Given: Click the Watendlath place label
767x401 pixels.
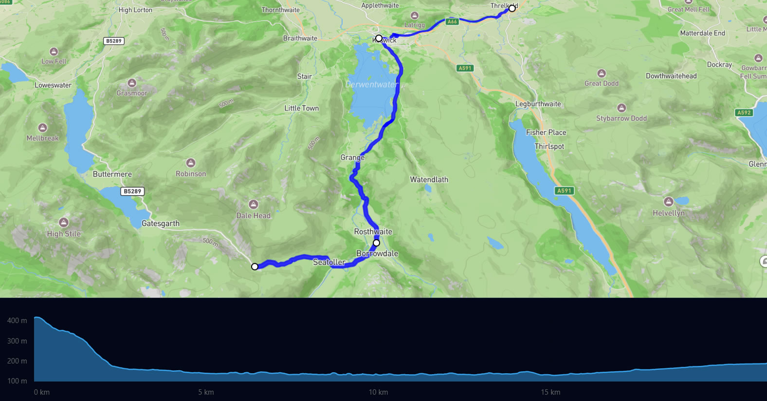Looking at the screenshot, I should click(x=429, y=179).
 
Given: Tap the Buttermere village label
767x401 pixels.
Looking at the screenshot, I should click(x=112, y=174).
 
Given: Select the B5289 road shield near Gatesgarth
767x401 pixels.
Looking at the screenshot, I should click(x=132, y=191).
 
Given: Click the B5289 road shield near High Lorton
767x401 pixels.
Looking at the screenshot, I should click(x=114, y=41).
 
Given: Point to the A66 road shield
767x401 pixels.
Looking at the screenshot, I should click(x=452, y=21).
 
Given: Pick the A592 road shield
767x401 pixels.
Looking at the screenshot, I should click(x=744, y=113).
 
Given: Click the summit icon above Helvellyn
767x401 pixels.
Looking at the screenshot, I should click(x=669, y=202).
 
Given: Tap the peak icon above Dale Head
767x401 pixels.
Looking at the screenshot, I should click(x=253, y=204).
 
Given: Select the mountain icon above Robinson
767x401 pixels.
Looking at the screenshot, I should click(x=191, y=163).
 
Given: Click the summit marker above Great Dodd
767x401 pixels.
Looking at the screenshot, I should click(x=602, y=73).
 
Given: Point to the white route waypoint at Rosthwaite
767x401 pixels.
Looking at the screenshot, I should click(x=376, y=243).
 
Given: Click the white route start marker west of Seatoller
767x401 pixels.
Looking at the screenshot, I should click(x=255, y=267).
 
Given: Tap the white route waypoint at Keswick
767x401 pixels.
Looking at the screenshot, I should click(x=379, y=38).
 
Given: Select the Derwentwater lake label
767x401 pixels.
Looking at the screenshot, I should click(x=372, y=84).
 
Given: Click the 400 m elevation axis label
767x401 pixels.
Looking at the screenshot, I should click(x=17, y=321).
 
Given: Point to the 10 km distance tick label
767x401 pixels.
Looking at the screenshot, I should click(x=378, y=392).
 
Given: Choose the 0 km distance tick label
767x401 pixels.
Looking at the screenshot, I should click(x=42, y=392).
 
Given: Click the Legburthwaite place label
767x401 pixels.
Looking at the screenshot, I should click(x=538, y=104).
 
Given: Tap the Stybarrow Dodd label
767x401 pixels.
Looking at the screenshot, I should click(x=621, y=118).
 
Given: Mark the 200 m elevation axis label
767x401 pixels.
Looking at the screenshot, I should click(x=17, y=361).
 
